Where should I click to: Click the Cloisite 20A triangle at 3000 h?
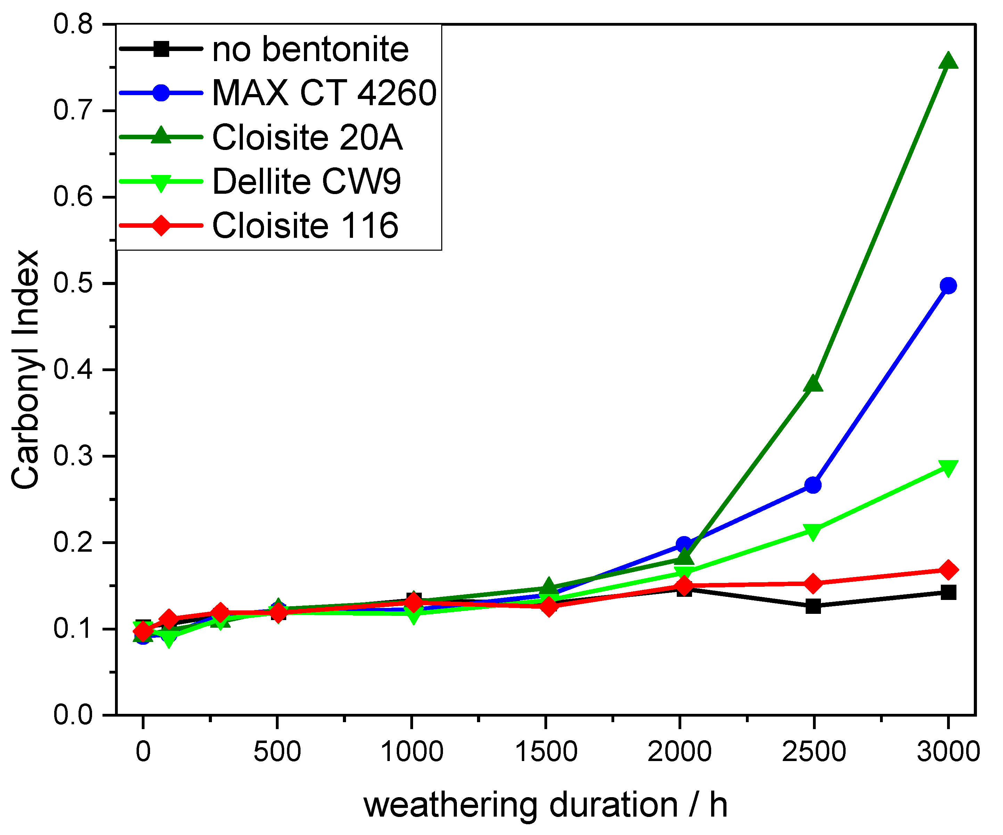point(948,62)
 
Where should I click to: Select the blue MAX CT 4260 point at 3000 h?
point(948,286)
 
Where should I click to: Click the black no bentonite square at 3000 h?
point(948,592)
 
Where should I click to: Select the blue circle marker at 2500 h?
point(813,485)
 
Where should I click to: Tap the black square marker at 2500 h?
point(813,606)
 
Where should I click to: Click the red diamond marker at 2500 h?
point(813,583)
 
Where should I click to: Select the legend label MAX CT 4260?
point(324,93)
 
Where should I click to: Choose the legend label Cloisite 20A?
point(307,137)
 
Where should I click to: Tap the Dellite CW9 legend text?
point(306,182)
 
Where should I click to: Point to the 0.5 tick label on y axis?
point(73,284)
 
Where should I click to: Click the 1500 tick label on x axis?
point(546,752)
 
